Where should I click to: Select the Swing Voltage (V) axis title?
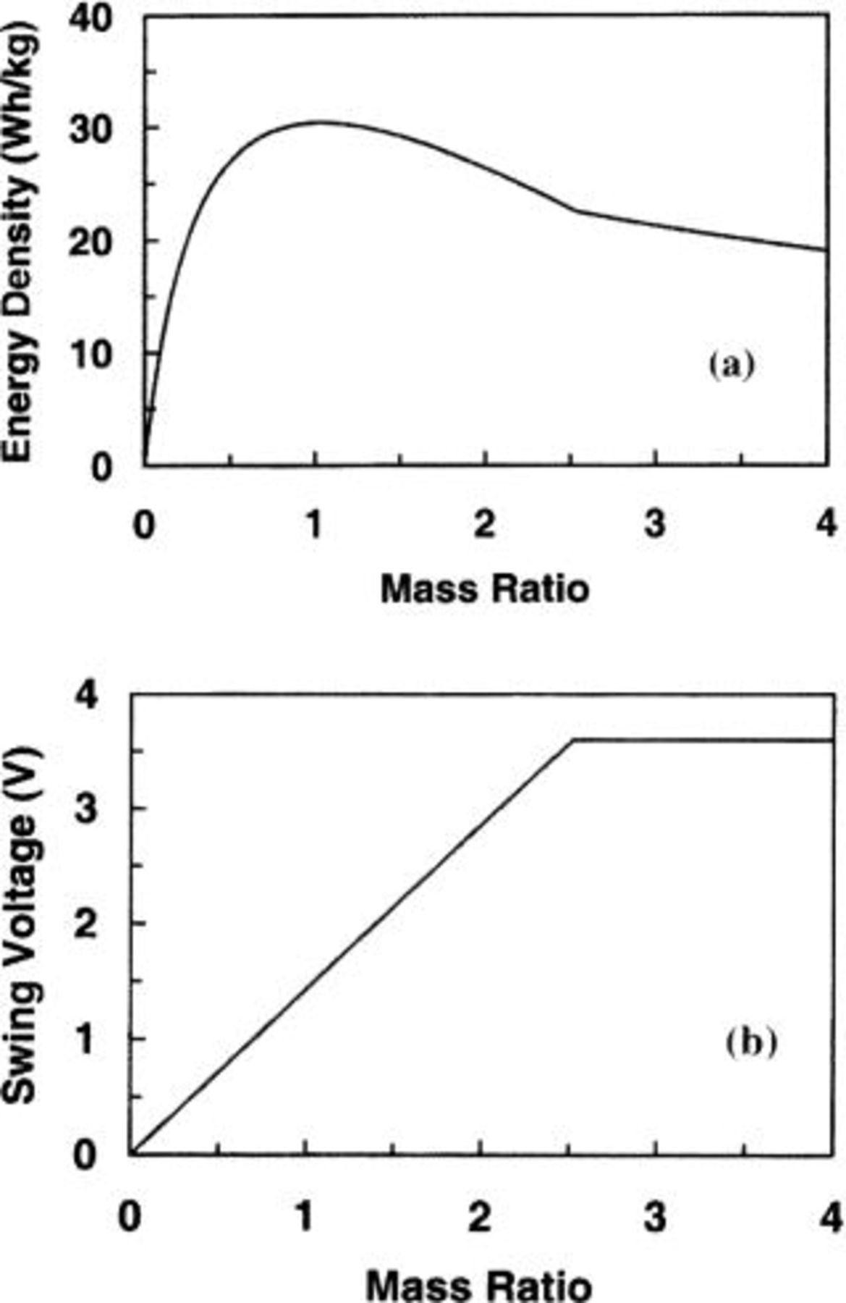19,927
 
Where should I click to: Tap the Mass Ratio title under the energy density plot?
484,589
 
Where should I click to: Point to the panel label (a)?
731,365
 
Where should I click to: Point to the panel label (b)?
750,1043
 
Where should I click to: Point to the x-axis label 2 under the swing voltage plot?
480,1217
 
